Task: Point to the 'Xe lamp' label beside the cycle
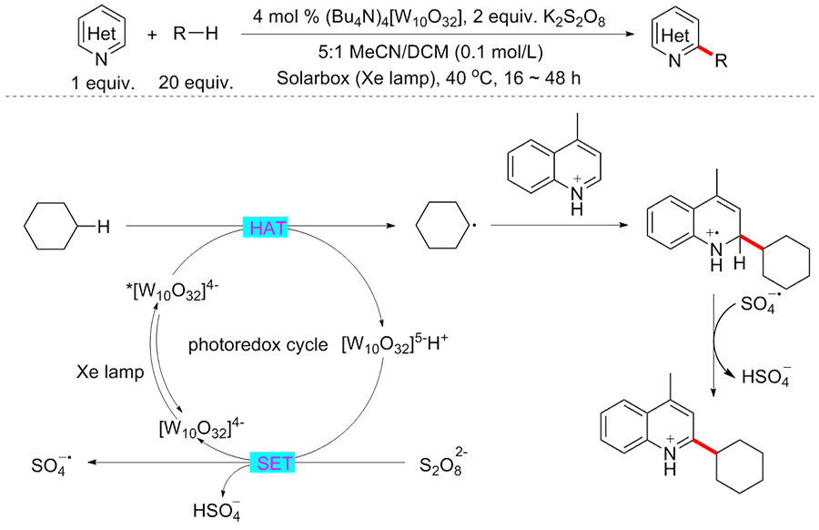pos(108,372)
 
